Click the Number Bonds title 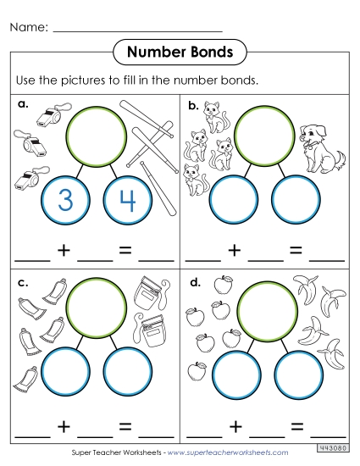(x=180, y=53)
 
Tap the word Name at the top (x=27, y=28)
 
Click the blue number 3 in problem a (x=64, y=201)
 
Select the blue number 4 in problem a (x=126, y=201)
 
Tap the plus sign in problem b (x=234, y=250)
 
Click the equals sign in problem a (x=125, y=250)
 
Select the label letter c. (x=20, y=280)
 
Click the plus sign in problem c (x=64, y=426)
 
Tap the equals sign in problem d (x=294, y=426)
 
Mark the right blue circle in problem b (x=296, y=201)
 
